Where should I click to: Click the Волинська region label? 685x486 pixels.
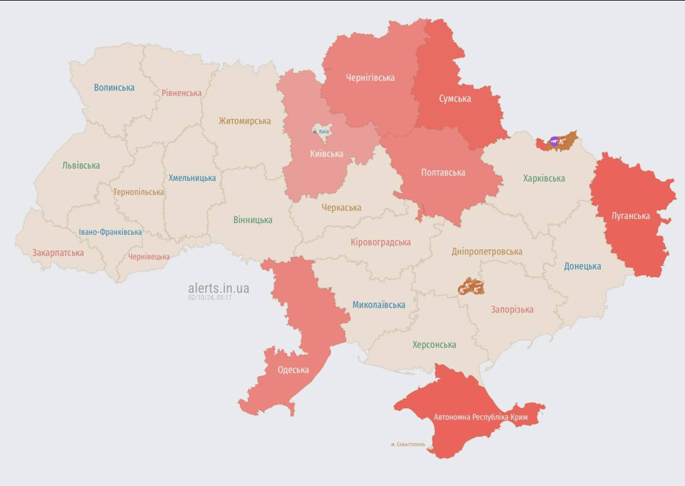pos(114,87)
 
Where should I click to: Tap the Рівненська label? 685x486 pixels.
pos(181,93)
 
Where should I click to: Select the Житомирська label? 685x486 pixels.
pos(244,121)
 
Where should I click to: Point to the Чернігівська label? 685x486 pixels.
pos(370,78)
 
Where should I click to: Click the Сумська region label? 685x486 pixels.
pos(455,99)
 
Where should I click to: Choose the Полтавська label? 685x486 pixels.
pos(443,172)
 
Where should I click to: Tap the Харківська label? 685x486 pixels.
pos(544,178)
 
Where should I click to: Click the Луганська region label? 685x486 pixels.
pos(630,216)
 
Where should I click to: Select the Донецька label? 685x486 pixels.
pos(582,266)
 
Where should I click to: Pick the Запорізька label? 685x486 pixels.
pos(512,309)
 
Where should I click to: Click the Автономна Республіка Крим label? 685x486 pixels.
pos(481,417)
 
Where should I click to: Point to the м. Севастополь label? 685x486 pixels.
pos(408,444)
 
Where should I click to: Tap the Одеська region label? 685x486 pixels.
pos(293,370)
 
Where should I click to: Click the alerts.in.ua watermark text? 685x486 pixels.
pos(218,289)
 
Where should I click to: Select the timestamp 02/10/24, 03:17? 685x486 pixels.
pos(210,297)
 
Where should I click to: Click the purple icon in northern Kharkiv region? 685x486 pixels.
pos(555,141)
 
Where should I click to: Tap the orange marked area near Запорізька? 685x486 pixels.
pos(471,287)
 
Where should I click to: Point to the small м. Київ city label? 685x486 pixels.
pos(321,131)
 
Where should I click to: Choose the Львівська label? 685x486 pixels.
pos(81,165)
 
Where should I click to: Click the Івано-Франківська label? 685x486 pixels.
pos(110,232)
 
